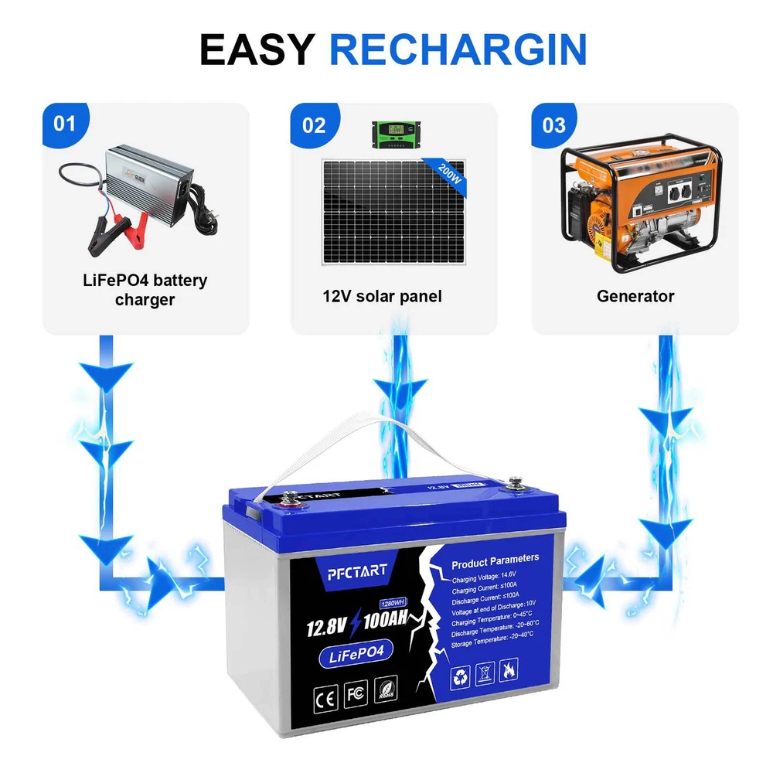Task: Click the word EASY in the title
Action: point(257,49)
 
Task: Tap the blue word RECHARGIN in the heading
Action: point(458,49)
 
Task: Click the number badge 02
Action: point(314,124)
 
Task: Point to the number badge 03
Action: point(554,124)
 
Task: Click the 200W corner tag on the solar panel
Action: point(449,169)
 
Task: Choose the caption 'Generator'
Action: point(635,296)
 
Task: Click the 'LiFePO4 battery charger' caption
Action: point(145,289)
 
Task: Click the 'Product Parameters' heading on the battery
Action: point(495,559)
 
